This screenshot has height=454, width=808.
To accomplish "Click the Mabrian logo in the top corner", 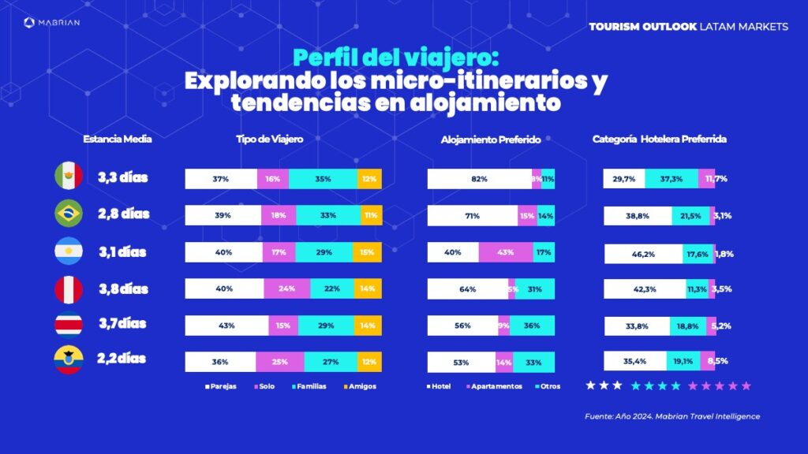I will (52, 23).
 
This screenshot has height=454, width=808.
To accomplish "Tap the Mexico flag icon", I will (69, 177).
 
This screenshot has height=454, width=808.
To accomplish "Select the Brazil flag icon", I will (69, 214).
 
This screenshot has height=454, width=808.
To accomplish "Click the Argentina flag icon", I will (69, 251).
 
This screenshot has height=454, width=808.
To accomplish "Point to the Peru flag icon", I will (69, 288).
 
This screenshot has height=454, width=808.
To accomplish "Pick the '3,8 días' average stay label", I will (122, 288).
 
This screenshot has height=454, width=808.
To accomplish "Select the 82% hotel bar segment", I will (479, 179).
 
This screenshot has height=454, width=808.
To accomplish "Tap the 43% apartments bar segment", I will (505, 252).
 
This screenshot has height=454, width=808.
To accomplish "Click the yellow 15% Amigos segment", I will (367, 252).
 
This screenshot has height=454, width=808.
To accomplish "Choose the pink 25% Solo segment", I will (279, 362).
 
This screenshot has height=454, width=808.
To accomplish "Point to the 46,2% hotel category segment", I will (643, 254).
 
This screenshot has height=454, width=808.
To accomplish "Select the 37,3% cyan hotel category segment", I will (671, 179).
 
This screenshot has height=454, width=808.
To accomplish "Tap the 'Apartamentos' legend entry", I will (495, 387).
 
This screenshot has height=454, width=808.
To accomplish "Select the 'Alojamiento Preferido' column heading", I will (490, 140).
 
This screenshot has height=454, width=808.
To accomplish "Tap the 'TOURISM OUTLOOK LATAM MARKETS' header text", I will (688, 27).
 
